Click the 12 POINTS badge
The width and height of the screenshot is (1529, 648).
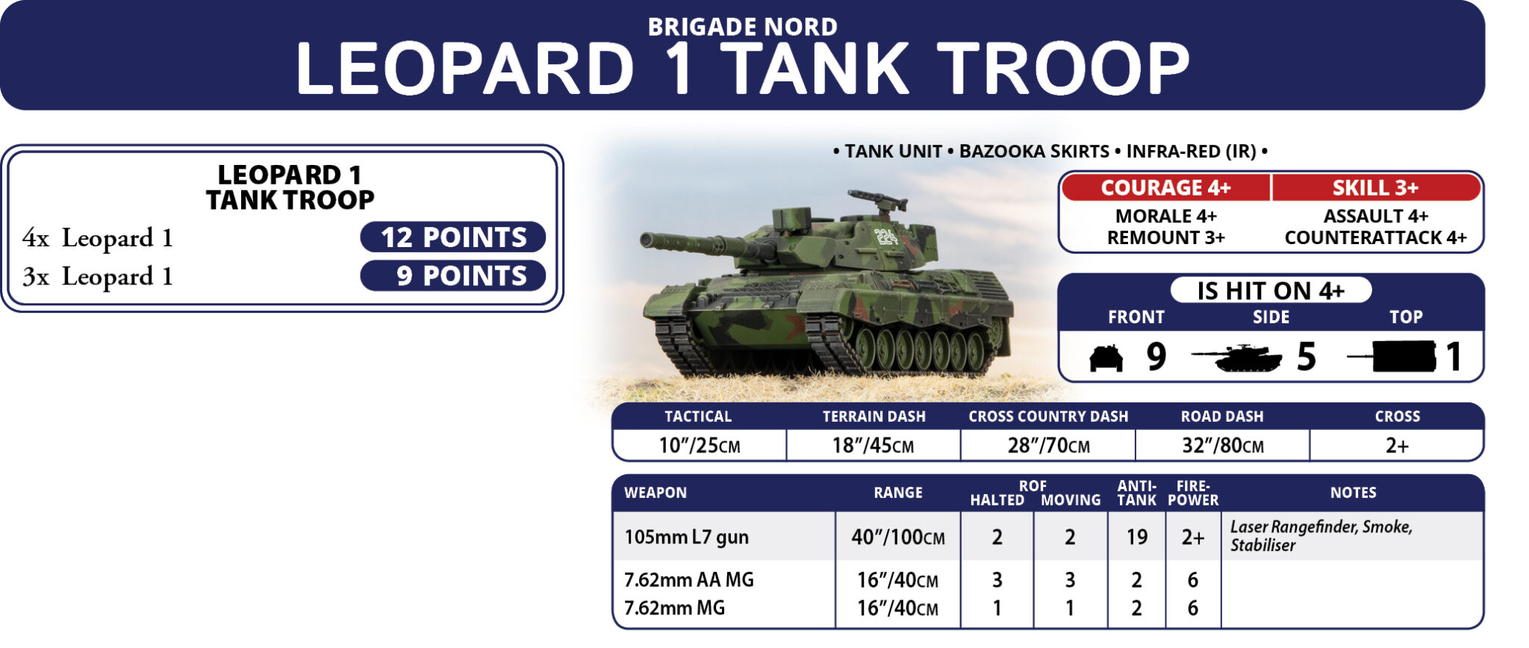(452, 237)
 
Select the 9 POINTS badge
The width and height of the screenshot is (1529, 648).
(452, 276)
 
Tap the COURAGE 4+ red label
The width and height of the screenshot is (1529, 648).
(1165, 187)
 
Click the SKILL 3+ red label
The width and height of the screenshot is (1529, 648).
(1376, 187)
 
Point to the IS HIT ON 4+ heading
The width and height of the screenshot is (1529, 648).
(1271, 290)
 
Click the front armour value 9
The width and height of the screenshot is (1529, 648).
(1156, 357)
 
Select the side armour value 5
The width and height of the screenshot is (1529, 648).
(1306, 357)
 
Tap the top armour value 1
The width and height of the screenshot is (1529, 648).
(1453, 357)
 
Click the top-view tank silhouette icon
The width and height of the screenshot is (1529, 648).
(1392, 357)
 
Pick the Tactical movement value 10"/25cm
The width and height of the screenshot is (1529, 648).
(699, 446)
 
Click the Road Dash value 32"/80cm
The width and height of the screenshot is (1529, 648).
(1222, 446)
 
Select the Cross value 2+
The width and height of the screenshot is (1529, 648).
(1397, 446)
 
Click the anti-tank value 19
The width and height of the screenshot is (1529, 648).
(1136, 537)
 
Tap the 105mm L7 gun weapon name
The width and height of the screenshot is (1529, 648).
(686, 538)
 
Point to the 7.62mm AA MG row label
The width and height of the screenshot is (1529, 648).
(688, 580)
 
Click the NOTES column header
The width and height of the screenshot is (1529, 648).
(1353, 493)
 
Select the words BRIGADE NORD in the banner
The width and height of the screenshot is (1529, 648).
(742, 27)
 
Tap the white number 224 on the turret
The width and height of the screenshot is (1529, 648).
(887, 237)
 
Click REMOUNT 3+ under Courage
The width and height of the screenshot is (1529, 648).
(1165, 237)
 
